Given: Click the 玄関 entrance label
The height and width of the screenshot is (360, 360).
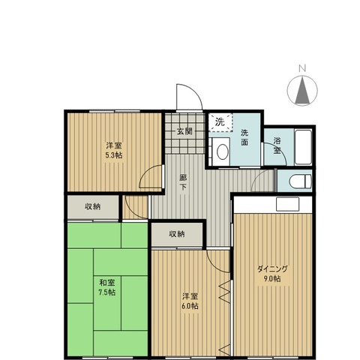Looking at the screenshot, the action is point(184,131).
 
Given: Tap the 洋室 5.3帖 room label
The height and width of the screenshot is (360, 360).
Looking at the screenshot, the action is point(114,150).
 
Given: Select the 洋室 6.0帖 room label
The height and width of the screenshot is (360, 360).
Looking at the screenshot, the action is point(190,301).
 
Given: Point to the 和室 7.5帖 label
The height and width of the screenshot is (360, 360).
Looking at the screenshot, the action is point(107,287).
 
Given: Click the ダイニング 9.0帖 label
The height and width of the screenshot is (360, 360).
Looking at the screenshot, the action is point(272,274).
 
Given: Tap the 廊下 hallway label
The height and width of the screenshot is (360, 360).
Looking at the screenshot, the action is point(183,182).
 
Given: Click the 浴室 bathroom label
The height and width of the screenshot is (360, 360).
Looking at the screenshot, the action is point(277,145).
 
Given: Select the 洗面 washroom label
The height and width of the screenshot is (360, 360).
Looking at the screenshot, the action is point(244,137).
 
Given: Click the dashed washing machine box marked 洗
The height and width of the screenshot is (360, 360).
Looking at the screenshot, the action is point(221,122).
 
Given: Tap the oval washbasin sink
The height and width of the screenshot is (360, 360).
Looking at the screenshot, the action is point(223,151).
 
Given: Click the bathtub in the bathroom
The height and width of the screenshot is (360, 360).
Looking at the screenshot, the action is point(303,147).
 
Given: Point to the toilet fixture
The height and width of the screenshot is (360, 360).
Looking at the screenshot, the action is point(300,181).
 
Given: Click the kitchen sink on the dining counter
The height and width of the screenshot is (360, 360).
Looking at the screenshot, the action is point(287,204).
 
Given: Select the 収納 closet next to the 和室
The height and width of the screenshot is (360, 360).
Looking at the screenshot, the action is point(93,207).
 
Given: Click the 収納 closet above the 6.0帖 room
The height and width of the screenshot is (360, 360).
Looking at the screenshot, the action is point(177,234).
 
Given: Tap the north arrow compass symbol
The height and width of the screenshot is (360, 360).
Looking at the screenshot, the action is point(302,91).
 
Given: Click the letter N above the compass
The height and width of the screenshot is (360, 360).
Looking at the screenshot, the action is point(302,68).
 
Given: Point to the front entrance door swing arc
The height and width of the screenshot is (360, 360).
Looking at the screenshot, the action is point(193,92).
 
